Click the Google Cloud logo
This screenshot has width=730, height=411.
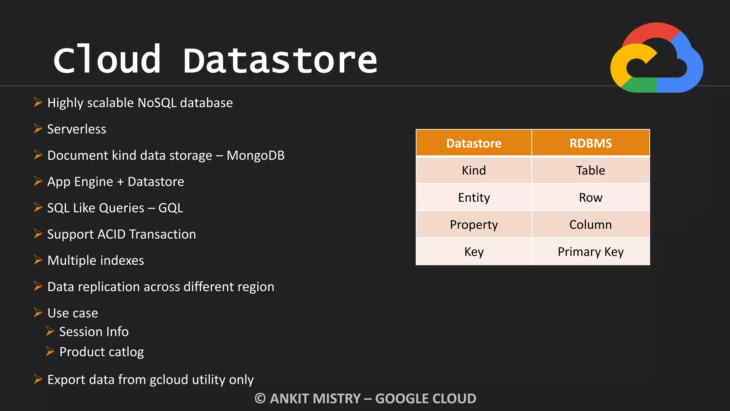657,58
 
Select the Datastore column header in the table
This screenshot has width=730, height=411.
474,143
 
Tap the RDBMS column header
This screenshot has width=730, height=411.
590,143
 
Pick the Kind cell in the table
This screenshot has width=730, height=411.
474,170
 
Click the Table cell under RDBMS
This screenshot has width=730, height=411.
590,170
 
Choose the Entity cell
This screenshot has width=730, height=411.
474,197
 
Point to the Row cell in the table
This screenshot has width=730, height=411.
590,197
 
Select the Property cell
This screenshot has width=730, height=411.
474,225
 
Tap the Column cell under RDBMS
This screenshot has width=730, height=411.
590,225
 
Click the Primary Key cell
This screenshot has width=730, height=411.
590,252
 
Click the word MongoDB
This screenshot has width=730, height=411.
256,156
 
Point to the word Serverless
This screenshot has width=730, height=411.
77,129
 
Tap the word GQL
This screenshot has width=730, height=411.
171,208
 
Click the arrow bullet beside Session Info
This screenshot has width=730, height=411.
50,331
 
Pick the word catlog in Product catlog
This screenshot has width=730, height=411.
126,352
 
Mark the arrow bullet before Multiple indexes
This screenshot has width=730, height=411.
38,260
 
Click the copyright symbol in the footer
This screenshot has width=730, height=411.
260,399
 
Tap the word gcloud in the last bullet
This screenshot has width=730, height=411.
169,380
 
